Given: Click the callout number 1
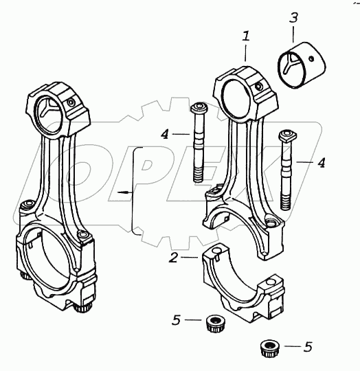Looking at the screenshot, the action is point(246,36).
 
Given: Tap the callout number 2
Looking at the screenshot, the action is point(173,258).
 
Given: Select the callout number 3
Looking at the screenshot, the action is point(293,17).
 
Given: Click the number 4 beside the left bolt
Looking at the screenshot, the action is point(165,135).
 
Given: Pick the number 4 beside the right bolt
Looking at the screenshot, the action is point(321,163).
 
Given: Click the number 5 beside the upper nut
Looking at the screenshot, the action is point(176,320).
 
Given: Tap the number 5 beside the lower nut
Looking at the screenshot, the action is point(308,347).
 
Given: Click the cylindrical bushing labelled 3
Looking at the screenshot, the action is point(302,65).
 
